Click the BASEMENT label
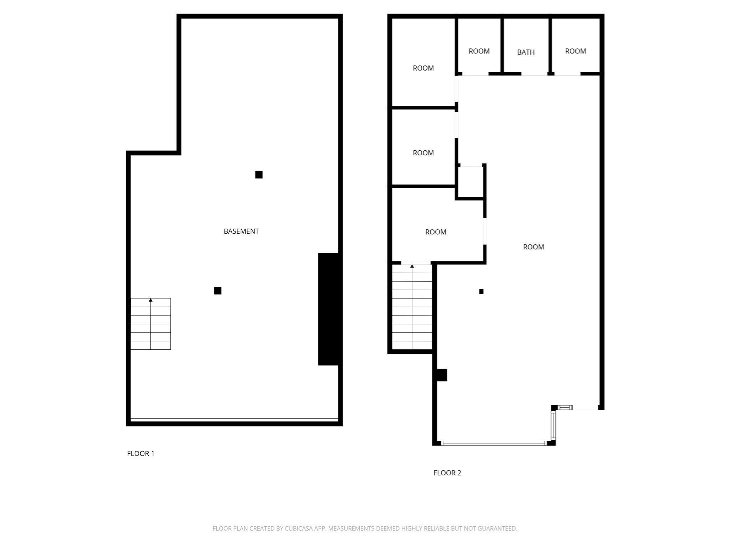click(241, 231)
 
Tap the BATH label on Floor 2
click(526, 52)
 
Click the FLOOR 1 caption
click(140, 453)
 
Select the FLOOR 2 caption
click(447, 473)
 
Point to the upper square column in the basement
click(259, 174)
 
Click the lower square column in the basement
click(218, 291)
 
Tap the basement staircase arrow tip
click(151, 300)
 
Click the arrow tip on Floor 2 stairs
click(412, 266)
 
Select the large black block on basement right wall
click(328, 309)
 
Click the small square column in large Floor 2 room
click(481, 291)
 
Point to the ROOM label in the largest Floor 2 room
click(533, 247)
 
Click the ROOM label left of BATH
click(479, 51)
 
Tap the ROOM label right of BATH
click(575, 51)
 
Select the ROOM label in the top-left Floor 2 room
click(423, 68)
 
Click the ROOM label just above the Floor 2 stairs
click(436, 232)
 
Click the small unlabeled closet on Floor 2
click(470, 182)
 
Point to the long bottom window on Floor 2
click(494, 443)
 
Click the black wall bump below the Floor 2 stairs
click(442, 375)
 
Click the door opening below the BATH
click(534, 74)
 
